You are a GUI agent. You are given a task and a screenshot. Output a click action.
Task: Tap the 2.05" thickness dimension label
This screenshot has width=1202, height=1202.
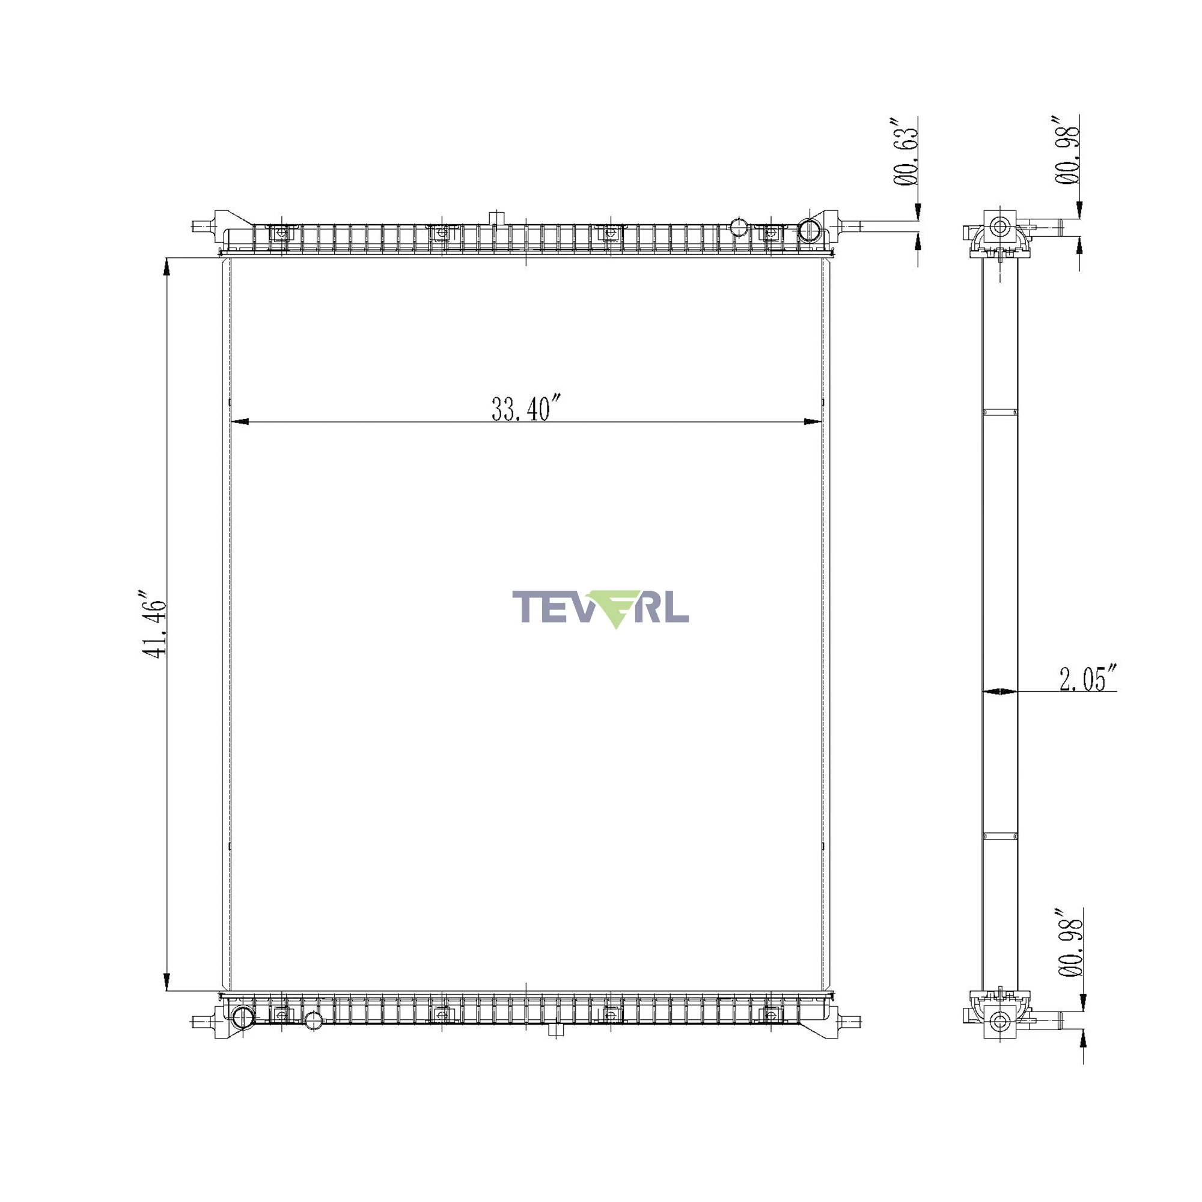[x=1088, y=677]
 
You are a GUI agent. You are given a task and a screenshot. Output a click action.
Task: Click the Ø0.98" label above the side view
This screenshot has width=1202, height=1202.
[x=1066, y=149]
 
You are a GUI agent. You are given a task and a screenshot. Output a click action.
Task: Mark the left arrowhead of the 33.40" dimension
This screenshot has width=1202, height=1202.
[x=240, y=422]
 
